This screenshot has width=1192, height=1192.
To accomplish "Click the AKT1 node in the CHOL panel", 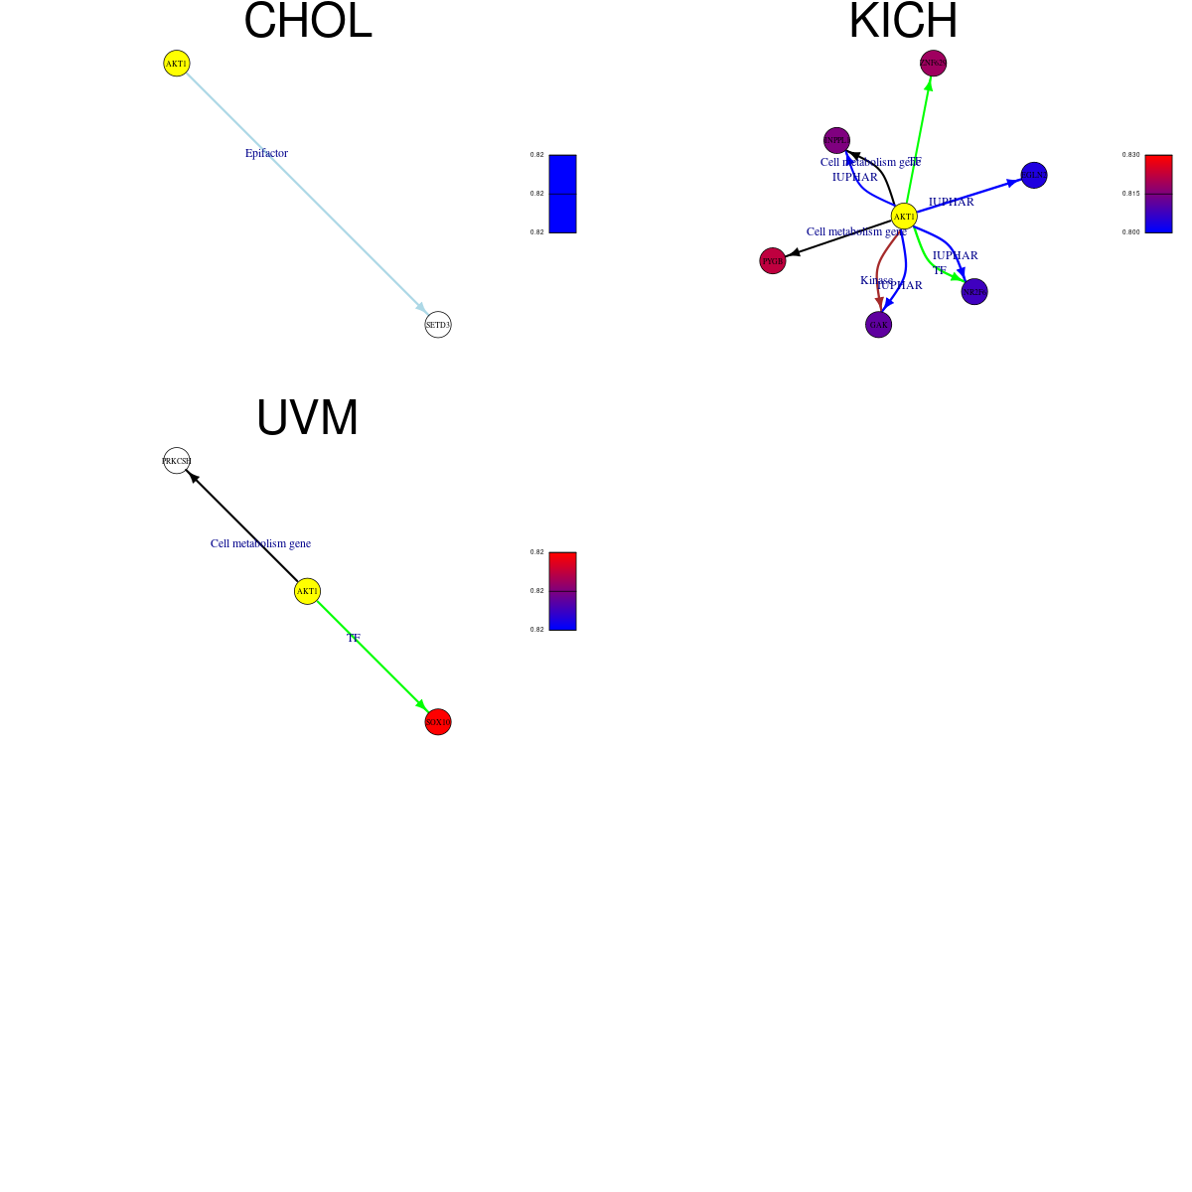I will [176, 64].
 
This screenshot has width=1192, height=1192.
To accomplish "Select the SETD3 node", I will [438, 325].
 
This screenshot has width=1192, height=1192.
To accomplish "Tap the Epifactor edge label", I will [266, 153].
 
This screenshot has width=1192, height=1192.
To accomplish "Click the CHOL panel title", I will [308, 22].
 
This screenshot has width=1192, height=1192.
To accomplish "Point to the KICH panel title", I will [903, 22].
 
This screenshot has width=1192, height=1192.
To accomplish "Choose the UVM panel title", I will [307, 418].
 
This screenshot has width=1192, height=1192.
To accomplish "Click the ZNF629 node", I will [933, 64].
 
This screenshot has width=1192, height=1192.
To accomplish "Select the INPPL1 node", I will [836, 141].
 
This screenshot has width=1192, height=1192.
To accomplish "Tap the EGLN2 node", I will [1034, 175].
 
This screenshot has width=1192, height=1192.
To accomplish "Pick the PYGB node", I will [772, 261].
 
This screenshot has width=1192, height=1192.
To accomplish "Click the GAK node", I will [878, 325].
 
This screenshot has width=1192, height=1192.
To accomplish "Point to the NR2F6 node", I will [974, 292].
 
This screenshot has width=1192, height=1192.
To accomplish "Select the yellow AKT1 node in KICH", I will [904, 217].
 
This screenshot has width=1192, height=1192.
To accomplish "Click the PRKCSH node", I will [177, 461].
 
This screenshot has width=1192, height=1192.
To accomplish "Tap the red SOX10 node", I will [438, 722].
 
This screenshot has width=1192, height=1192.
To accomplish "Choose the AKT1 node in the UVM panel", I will [307, 591].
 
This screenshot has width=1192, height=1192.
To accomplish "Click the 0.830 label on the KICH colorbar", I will [1130, 155].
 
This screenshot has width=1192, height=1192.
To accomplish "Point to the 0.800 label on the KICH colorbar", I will [1130, 231].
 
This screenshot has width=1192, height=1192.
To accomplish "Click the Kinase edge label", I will [875, 280].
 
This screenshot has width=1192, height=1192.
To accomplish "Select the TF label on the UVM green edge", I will [353, 638].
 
